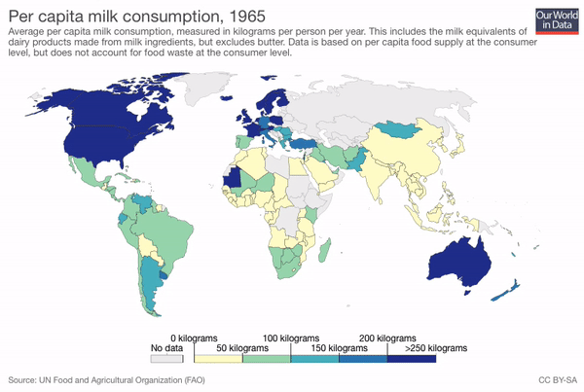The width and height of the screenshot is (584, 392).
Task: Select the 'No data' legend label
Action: coord(167,347)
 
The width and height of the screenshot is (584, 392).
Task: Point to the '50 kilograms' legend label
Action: coord(270,347)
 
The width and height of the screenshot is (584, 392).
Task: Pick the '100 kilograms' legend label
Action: coord(319,338)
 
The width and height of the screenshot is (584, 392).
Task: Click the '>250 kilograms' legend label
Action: coord(435,347)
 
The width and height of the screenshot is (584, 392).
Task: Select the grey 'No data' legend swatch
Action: coord(166,358)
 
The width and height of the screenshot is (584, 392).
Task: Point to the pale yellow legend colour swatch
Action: coord(217,358)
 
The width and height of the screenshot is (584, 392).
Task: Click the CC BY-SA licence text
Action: coord(557,379)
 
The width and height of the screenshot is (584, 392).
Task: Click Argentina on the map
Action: coord(151,282)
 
